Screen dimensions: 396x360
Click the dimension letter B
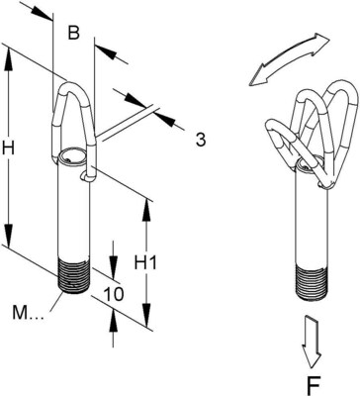coord(73,34)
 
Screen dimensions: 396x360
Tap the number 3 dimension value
coord(200,140)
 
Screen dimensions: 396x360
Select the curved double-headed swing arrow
coord(288,57)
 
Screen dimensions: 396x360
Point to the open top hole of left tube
coord(72,156)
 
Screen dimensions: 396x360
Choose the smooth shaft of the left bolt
coord(75,218)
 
